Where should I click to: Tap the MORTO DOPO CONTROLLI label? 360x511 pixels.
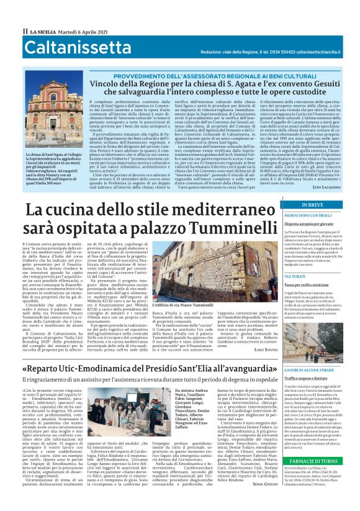pyautogui.click(x=308, y=215)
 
